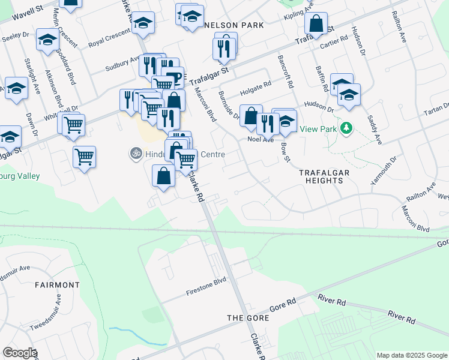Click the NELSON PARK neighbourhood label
coord(235,26)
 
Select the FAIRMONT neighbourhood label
coord(57,284)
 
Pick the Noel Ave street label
coord(261,139)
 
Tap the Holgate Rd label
coord(256,89)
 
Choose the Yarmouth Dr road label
coord(385,168)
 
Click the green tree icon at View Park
coord(346,128)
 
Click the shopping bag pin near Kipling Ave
coord(316,24)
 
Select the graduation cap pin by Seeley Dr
coord(47,40)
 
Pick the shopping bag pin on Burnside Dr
coord(251,116)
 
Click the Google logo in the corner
coord(20,353)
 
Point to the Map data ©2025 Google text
coord(411,355)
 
